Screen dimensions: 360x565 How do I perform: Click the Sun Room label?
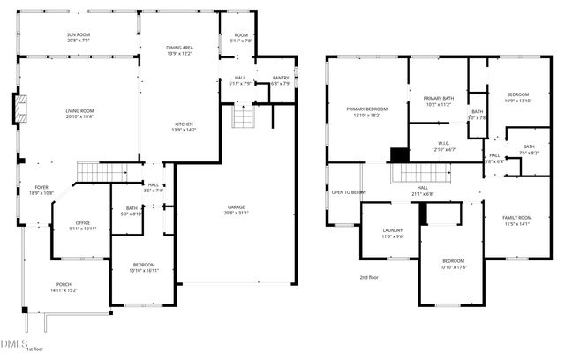pyautogui.click(x=78, y=34)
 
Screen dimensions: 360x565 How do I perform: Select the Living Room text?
pyautogui.click(x=79, y=110)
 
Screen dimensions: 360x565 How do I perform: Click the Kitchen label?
pyautogui.click(x=184, y=124)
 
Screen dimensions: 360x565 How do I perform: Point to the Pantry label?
pyautogui.click(x=281, y=78)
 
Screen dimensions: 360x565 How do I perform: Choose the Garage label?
pyautogui.click(x=236, y=206)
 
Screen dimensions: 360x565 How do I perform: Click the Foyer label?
pyautogui.click(x=41, y=188)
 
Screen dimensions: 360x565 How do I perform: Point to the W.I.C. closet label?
pyautogui.click(x=444, y=143)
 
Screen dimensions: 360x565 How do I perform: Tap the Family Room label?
pyautogui.click(x=517, y=217)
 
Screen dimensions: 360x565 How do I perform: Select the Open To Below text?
pyautogui.click(x=349, y=191)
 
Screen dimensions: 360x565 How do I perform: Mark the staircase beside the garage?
pyautogui.click(x=243, y=116)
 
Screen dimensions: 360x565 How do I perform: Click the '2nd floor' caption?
pyautogui.click(x=368, y=278)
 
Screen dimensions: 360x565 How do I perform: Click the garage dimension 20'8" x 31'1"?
pyautogui.click(x=236, y=212)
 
